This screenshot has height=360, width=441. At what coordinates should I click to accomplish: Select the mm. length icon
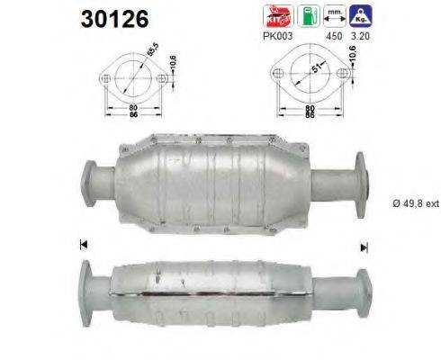334,15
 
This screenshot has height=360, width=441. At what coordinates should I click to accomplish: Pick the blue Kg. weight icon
362,15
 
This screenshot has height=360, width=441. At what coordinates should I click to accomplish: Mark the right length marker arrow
364,246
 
